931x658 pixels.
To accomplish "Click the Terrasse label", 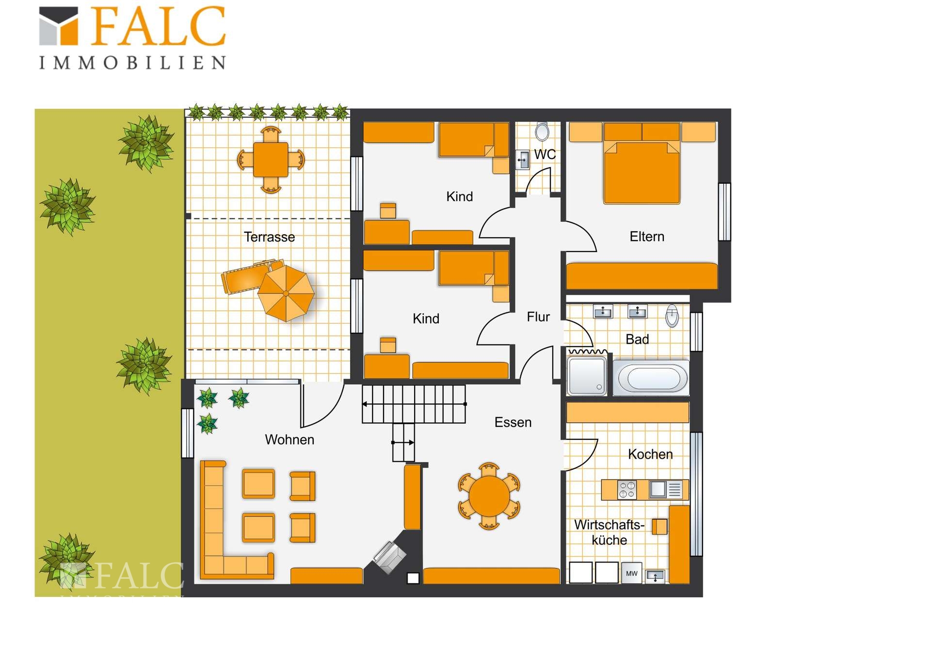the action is pos(269,237).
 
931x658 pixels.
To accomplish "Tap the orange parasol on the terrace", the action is pos(286,293).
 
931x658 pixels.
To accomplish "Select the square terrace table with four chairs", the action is pos(271,160).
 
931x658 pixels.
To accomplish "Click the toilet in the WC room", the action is pos(542,131).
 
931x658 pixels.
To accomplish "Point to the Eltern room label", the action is pos(647,237).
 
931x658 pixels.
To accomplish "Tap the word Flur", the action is pos(538,317).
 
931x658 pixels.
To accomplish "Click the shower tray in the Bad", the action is pos(587,376).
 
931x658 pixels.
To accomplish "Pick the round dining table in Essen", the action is pos(489,496).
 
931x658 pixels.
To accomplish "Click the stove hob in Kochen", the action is pos(627,490).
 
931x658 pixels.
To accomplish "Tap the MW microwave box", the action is pos(632,574).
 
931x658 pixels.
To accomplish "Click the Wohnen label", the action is pos(289,440).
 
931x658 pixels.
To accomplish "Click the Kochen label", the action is pos(650,454).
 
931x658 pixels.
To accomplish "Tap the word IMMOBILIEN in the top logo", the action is pos(132,63).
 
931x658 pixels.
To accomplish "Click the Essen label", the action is pos(513,422).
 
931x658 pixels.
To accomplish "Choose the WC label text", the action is pos(545,155).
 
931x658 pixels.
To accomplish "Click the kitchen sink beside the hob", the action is pos(658,490).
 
